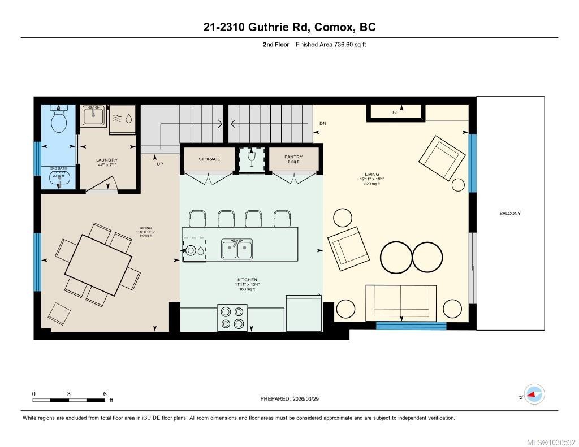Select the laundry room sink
pyautogui.click(x=93, y=116)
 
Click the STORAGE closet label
pyautogui.click(x=209, y=159)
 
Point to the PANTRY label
pyautogui.click(x=293, y=157)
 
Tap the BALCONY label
pyautogui.click(x=510, y=214)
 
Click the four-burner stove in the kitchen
pyautogui.click(x=232, y=317)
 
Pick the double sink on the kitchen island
pyautogui.click(x=237, y=249)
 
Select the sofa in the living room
pyautogui.click(x=401, y=302)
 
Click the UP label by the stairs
pyautogui.click(x=160, y=164)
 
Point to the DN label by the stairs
pyautogui.click(x=322, y=123)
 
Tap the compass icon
pyautogui.click(x=533, y=394)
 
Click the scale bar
pyautogui.click(x=69, y=400)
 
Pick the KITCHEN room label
pyautogui.click(x=247, y=280)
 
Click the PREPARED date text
pyautogui.click(x=293, y=399)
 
